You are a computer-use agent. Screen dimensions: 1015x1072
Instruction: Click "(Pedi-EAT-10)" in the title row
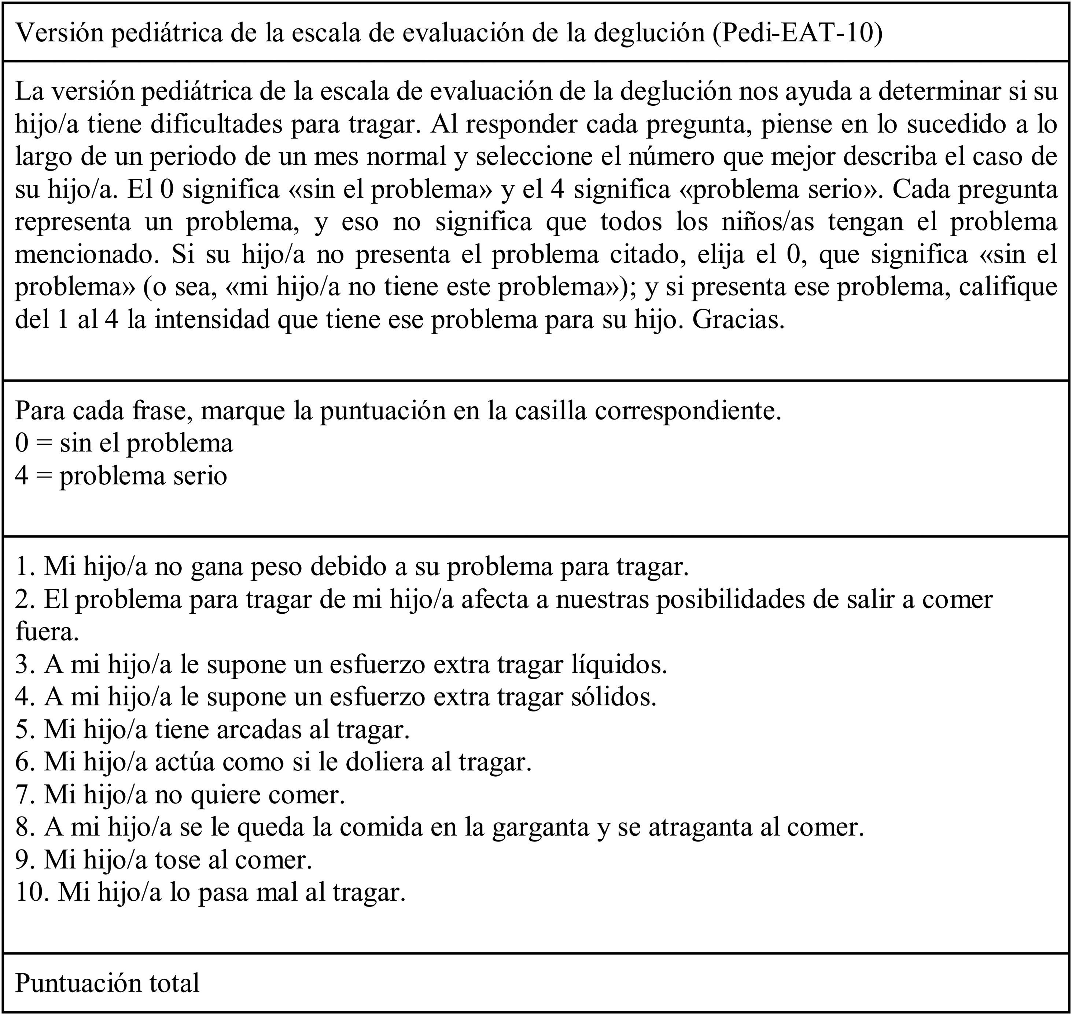(x=797, y=33)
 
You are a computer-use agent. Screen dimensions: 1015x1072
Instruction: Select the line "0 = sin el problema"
(x=124, y=443)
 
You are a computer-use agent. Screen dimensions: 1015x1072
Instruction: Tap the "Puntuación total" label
(x=107, y=982)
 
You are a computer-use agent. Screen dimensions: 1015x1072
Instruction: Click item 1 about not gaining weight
(x=352, y=566)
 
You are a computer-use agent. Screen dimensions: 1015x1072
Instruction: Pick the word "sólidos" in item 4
(x=614, y=696)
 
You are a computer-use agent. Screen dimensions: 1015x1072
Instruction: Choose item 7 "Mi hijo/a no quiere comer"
(x=180, y=794)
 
